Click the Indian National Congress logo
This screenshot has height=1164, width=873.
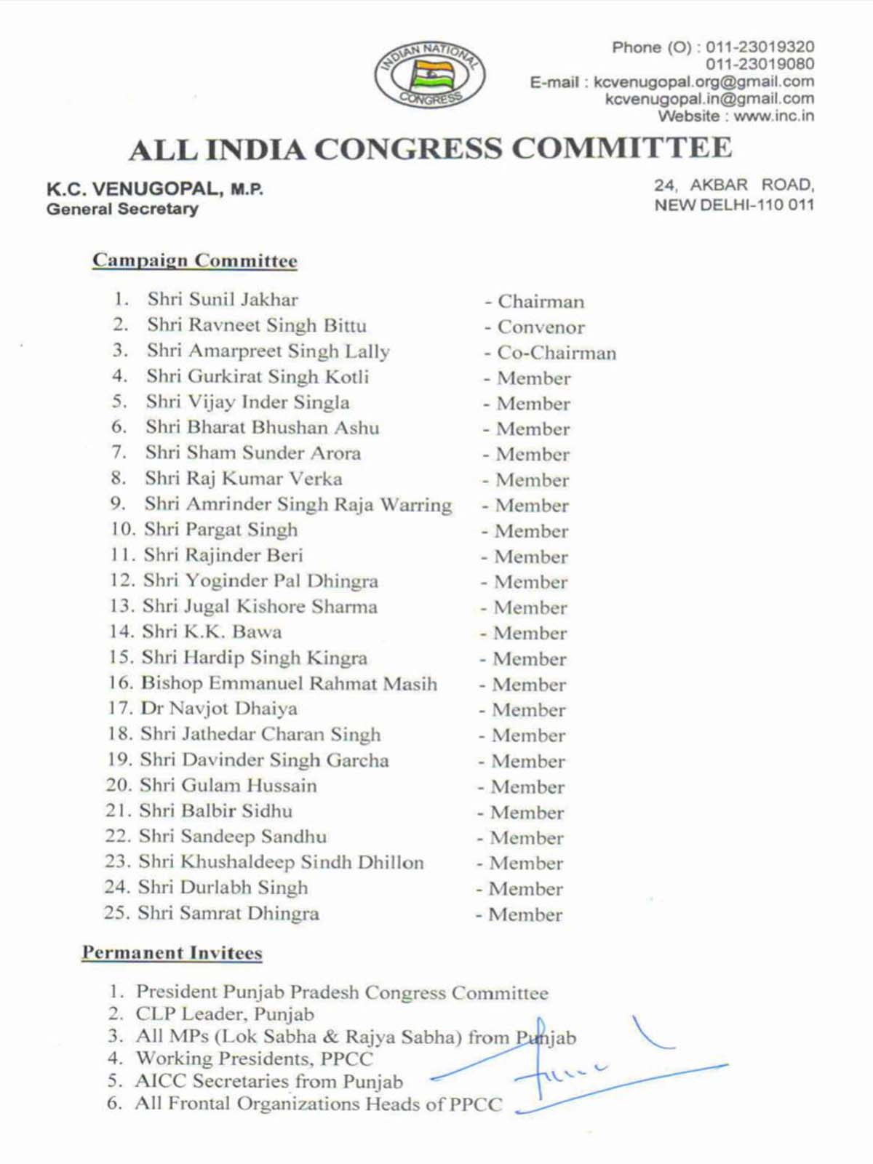pyautogui.click(x=430, y=73)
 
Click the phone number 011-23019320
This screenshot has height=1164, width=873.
pyautogui.click(x=760, y=47)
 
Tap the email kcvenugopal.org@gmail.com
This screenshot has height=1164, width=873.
pyautogui.click(x=703, y=81)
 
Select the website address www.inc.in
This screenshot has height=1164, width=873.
pyautogui.click(x=773, y=116)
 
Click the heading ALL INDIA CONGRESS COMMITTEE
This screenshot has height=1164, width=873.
pyautogui.click(x=431, y=149)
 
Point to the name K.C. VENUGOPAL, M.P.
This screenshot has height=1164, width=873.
pyautogui.click(x=155, y=189)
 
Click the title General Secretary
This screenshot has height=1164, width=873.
pyautogui.click(x=122, y=209)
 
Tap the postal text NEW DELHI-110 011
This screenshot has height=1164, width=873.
pyautogui.click(x=734, y=205)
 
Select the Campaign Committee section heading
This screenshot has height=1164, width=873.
pyautogui.click(x=195, y=260)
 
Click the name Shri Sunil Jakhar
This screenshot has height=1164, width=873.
pyautogui.click(x=223, y=299)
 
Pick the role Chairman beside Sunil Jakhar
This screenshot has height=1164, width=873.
pyautogui.click(x=541, y=301)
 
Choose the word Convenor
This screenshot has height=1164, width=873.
pyautogui.click(x=541, y=327)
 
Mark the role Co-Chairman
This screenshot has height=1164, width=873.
pyautogui.click(x=557, y=353)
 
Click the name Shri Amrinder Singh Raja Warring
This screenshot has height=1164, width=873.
pyautogui.click(x=298, y=504)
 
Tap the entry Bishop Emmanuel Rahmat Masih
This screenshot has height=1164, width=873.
pyautogui.click(x=289, y=683)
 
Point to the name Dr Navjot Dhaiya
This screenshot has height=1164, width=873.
pyautogui.click(x=218, y=709)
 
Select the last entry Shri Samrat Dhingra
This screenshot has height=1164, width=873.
pyautogui.click(x=228, y=913)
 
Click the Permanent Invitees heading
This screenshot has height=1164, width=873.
pyautogui.click(x=172, y=953)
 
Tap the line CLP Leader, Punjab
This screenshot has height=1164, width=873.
pyautogui.click(x=225, y=1014)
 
